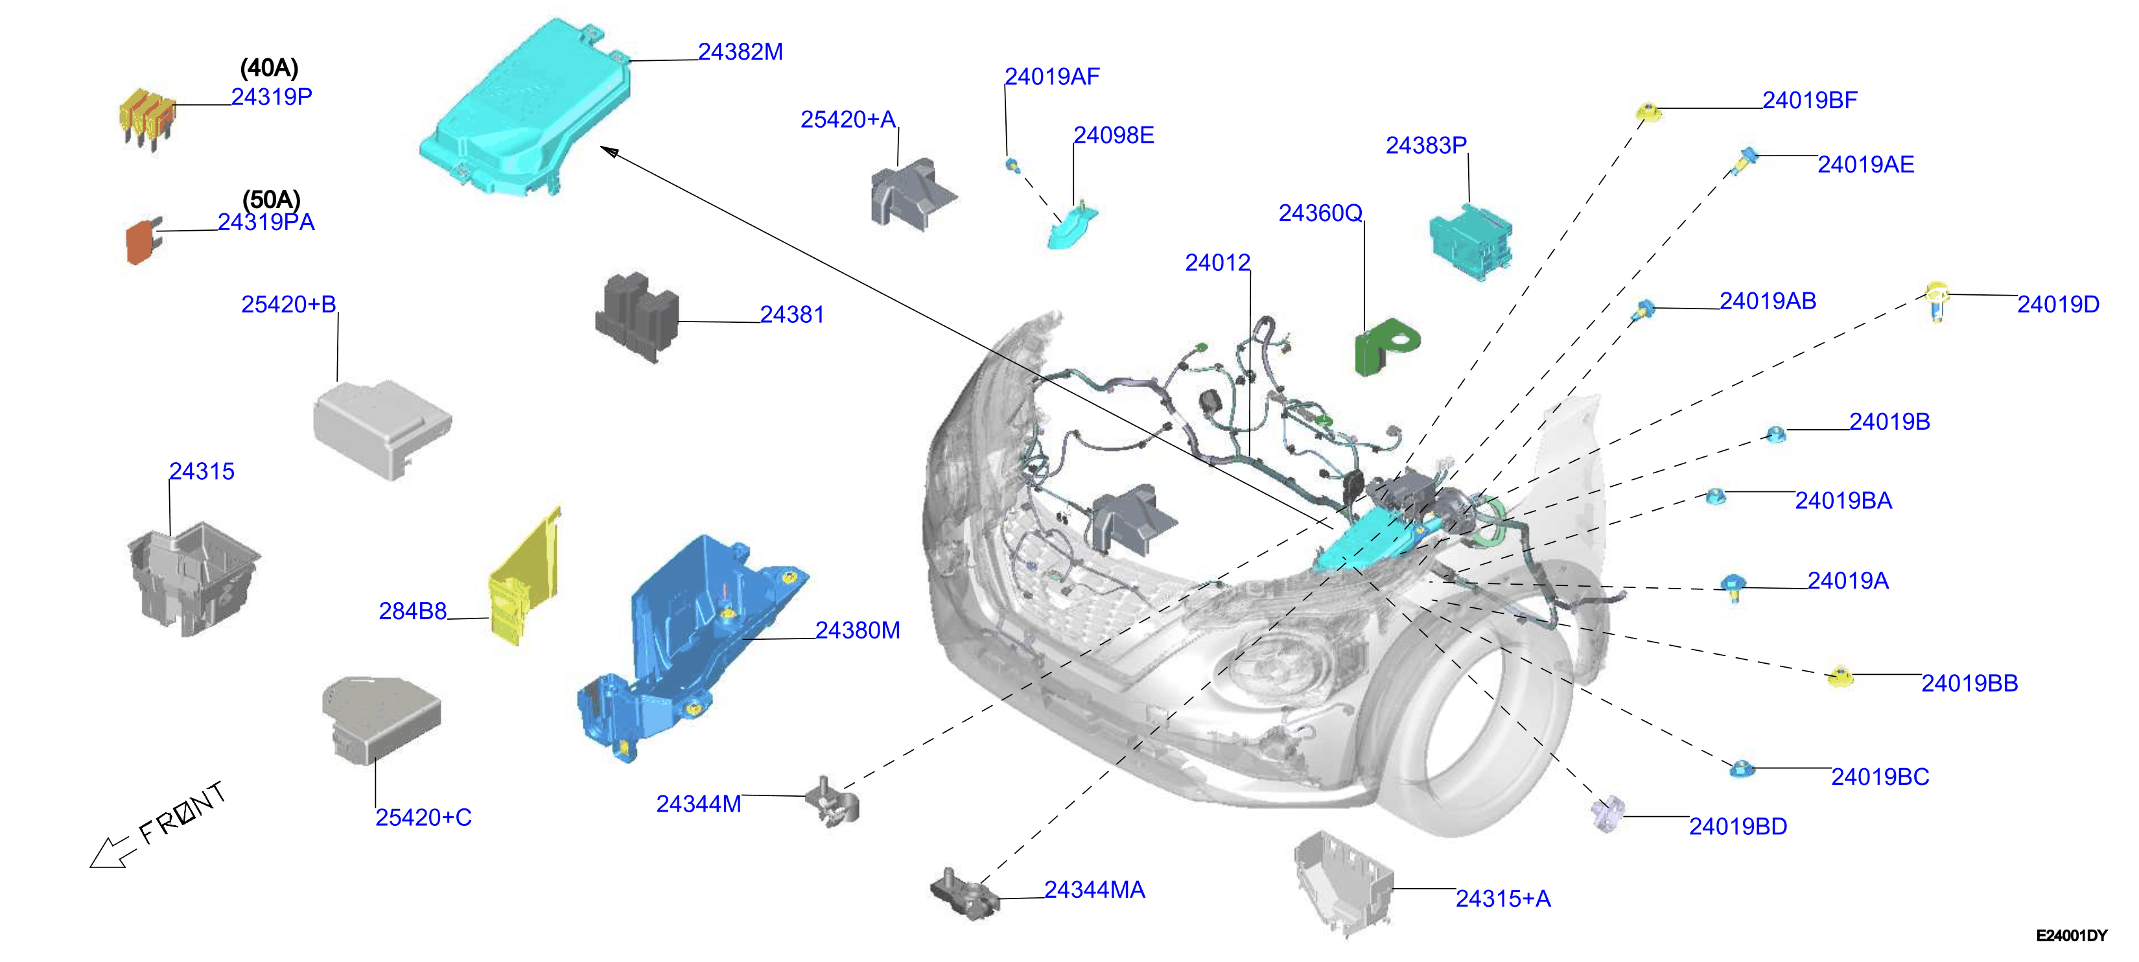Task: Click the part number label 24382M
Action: coord(740,51)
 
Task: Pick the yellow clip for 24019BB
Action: coord(1840,677)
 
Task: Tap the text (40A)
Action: coord(269,67)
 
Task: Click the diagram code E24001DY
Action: coord(2071,935)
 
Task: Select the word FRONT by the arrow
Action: coord(182,814)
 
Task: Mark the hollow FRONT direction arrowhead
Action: coord(106,854)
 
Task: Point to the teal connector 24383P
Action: coord(1471,240)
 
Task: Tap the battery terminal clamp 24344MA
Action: coord(963,894)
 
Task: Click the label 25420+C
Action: coord(423,817)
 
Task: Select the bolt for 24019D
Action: coord(1937,301)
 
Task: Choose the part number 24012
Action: coord(1217,263)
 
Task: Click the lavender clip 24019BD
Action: coord(1607,814)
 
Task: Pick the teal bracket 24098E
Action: coord(1072,227)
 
